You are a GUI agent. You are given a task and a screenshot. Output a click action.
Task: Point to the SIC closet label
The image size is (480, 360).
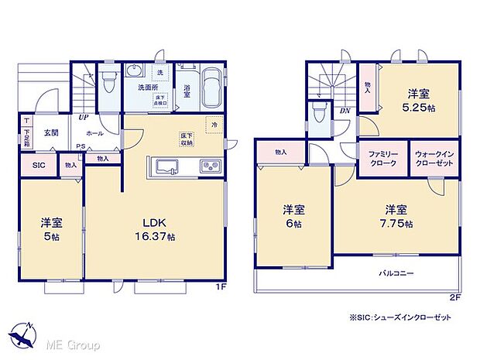37,164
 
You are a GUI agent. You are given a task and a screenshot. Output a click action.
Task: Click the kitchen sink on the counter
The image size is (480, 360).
166,165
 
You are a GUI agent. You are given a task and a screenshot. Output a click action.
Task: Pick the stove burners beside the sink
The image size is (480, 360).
211,165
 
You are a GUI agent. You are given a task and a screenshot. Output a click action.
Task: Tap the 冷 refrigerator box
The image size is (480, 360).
211,125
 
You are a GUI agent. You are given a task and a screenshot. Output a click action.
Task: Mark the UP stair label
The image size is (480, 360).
82,118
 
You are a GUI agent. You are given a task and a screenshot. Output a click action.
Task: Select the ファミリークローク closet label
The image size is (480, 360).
382,158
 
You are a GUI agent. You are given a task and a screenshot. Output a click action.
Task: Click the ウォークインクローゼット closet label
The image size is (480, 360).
434,158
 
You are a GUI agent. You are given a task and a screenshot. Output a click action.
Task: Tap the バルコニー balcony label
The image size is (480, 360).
396,273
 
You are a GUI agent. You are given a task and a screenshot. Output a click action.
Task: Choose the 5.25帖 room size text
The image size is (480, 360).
420,108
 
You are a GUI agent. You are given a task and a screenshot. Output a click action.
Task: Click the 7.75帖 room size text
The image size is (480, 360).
396,224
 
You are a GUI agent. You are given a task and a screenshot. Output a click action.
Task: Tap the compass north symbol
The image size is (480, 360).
23,334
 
